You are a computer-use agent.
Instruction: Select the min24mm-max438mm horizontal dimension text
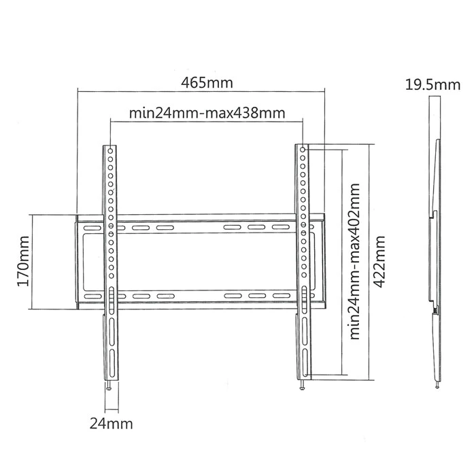click(206, 113)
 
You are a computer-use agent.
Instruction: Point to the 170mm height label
click(22, 262)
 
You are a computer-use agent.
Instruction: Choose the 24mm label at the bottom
click(111, 423)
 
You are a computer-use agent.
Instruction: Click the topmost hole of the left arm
click(111, 148)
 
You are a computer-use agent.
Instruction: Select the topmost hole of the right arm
click(301, 148)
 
